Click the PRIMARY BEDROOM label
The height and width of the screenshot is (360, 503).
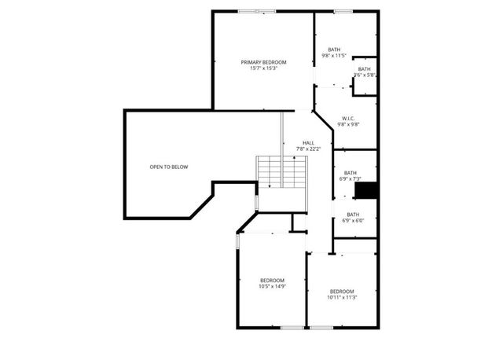(263, 62)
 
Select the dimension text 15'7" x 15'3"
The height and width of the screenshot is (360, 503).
(263, 68)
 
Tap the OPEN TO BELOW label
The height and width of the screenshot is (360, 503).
(169, 167)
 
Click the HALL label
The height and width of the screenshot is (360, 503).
(308, 143)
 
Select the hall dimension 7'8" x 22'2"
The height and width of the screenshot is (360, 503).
(308, 149)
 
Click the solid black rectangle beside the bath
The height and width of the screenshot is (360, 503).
(366, 191)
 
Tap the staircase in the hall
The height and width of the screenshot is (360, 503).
(281, 171)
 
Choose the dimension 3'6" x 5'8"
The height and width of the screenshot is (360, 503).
(364, 75)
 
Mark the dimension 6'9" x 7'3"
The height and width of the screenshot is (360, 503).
(350, 179)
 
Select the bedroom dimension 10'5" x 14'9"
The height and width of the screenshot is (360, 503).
(273, 287)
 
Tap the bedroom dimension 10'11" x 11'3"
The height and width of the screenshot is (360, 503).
(342, 297)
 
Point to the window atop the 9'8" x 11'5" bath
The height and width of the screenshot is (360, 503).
(342, 11)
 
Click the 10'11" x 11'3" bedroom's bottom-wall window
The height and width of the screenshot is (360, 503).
(320, 327)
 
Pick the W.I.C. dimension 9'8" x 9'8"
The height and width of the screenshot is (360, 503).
(348, 125)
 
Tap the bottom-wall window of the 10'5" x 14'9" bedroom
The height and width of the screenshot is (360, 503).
(292, 327)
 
